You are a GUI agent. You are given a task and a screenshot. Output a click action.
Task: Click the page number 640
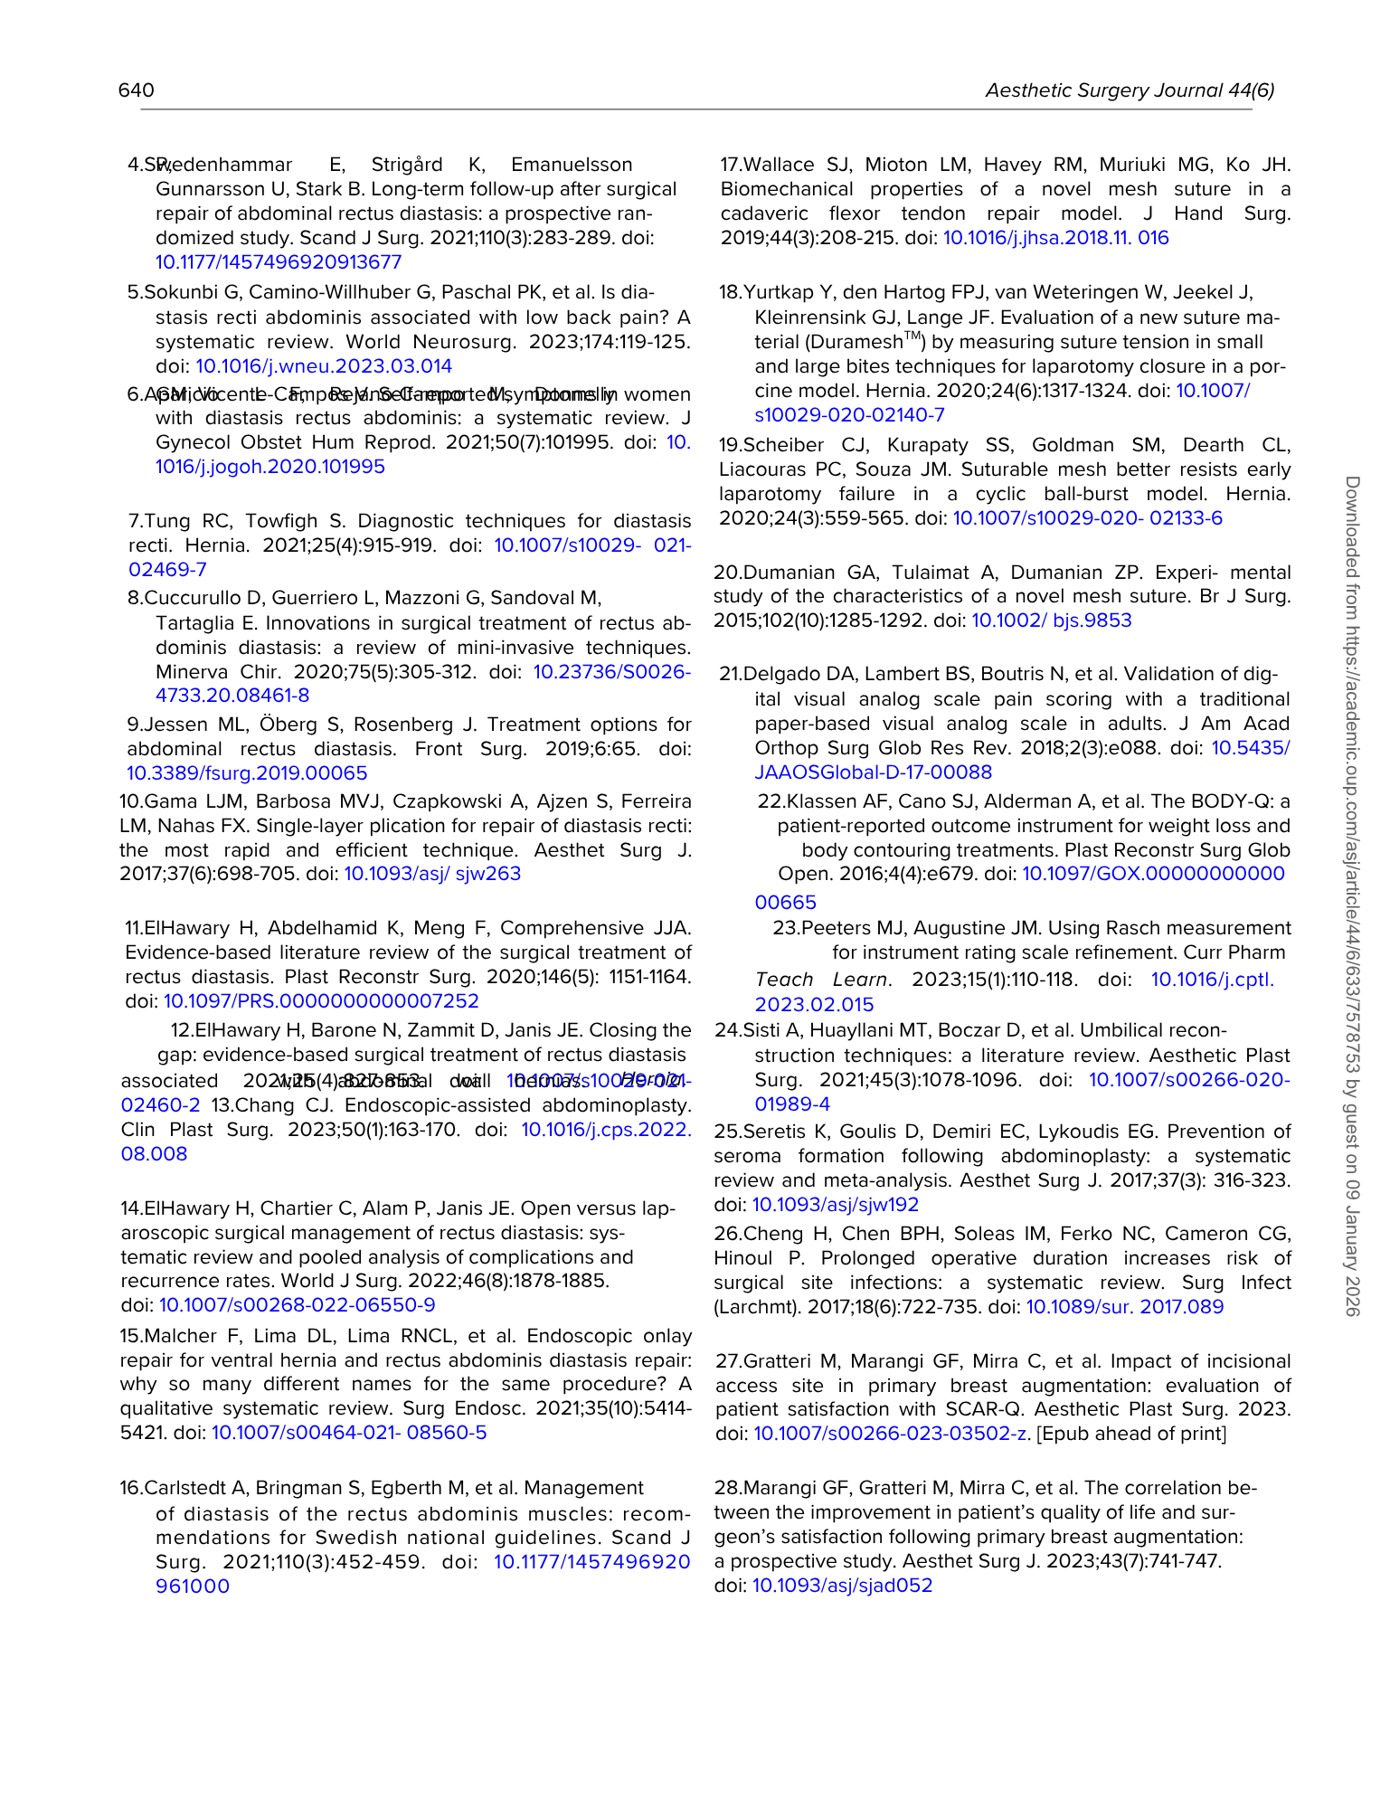[x=137, y=90]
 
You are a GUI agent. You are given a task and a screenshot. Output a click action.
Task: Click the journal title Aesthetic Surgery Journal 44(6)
[x=1130, y=90]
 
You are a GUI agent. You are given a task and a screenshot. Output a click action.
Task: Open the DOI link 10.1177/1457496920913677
[x=279, y=262]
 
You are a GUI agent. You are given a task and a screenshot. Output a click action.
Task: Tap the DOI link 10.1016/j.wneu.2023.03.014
[x=324, y=366]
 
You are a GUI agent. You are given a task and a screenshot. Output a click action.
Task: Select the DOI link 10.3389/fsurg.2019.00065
[x=247, y=773]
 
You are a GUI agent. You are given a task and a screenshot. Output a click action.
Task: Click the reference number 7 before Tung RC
[x=134, y=521]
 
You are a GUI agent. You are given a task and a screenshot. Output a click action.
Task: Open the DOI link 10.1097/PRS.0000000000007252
[x=321, y=1001]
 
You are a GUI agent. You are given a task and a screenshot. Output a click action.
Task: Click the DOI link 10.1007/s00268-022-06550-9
[x=298, y=1305]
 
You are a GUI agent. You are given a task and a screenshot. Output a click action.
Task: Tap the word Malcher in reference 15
[x=181, y=1336]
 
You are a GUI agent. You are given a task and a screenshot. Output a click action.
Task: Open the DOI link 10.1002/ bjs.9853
[x=1052, y=620]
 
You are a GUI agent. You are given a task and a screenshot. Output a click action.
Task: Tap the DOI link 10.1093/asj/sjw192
[x=836, y=1205]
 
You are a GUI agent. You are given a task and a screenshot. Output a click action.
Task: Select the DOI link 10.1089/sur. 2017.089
[x=1124, y=1307]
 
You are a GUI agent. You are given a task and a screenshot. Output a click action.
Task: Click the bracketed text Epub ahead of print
[x=1130, y=1434]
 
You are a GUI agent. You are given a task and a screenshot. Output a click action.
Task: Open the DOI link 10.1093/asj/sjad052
[x=842, y=1586]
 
